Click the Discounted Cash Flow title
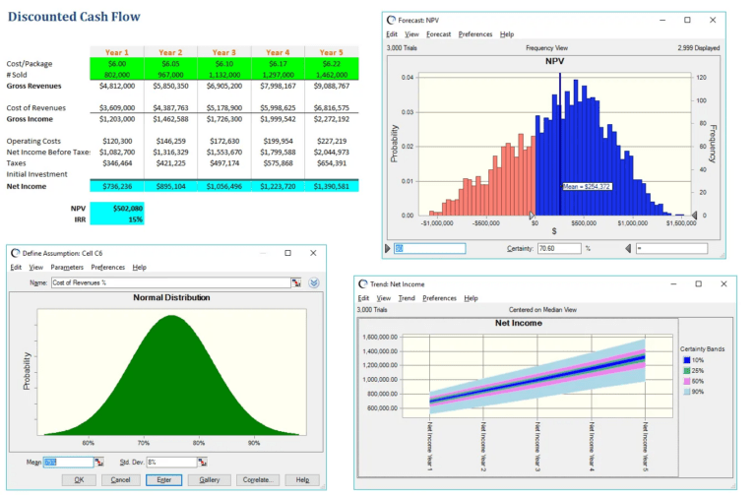tap(74, 17)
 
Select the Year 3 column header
tap(223, 52)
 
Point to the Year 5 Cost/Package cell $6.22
tap(331, 63)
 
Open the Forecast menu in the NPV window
tap(439, 34)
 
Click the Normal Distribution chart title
tap(171, 297)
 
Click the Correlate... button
tap(258, 480)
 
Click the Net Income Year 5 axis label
tap(645, 446)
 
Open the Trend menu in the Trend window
tap(407, 298)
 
